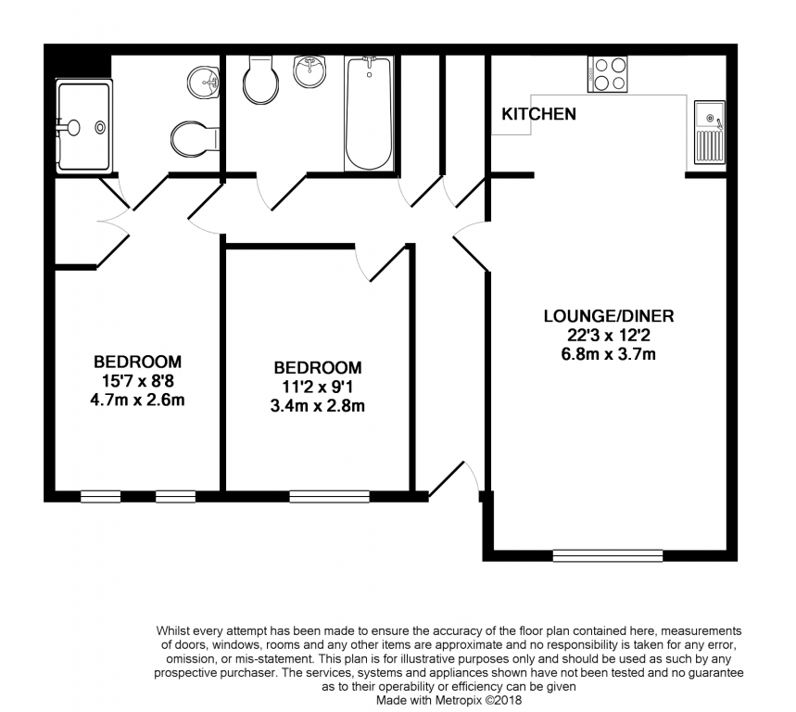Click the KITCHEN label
538,114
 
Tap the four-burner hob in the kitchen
607,74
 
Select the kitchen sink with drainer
709,132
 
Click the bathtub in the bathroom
369,113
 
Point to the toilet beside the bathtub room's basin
261,79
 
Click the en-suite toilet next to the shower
195,139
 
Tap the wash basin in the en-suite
203,82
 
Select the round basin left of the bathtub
310,71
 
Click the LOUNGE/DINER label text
609,316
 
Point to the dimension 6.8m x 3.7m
608,354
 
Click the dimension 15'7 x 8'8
137,380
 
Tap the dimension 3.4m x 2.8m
317,406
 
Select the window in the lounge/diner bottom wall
608,555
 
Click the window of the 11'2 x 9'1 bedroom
330,496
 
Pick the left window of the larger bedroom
100,496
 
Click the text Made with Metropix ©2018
449,700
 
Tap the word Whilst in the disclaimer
172,630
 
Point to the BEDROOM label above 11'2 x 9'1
318,368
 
